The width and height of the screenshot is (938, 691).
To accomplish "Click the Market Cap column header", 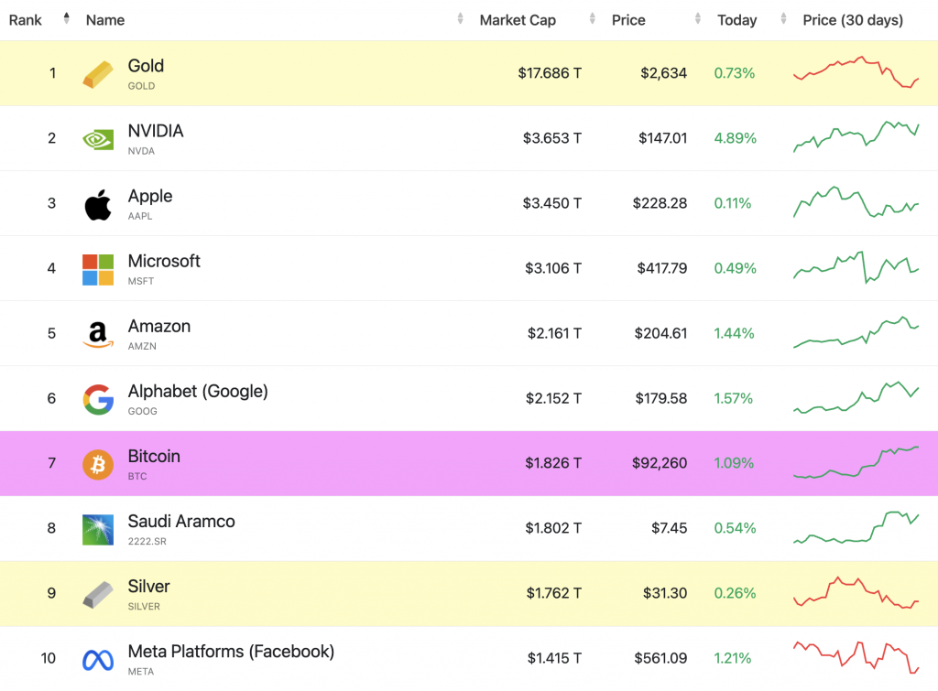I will (518, 20).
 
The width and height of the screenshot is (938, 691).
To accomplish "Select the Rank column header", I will (26, 20).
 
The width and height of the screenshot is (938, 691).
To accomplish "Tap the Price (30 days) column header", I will (853, 20).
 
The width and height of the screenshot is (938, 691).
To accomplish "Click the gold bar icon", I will (98, 74).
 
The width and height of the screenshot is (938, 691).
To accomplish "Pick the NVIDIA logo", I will (98, 139).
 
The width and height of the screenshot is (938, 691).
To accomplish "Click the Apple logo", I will (98, 204).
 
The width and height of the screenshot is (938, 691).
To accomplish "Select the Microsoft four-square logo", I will (98, 269).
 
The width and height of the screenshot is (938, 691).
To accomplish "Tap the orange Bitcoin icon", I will (98, 464).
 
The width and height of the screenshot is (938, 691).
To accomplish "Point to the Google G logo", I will (98, 399).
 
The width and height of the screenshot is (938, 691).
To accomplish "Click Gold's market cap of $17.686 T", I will (550, 73).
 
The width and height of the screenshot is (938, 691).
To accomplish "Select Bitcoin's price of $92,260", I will (660, 463).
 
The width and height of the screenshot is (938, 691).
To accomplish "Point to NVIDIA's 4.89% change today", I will (735, 138).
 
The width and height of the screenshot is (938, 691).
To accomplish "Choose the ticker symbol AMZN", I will (142, 346).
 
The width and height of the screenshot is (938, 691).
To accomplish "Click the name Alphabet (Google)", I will (198, 391).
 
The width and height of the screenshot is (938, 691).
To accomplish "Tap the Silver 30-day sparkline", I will (856, 593).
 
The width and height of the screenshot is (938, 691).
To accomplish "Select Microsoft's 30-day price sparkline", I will (856, 267).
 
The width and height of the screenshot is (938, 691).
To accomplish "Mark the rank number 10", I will (49, 658).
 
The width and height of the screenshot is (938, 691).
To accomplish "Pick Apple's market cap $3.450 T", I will (552, 203).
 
